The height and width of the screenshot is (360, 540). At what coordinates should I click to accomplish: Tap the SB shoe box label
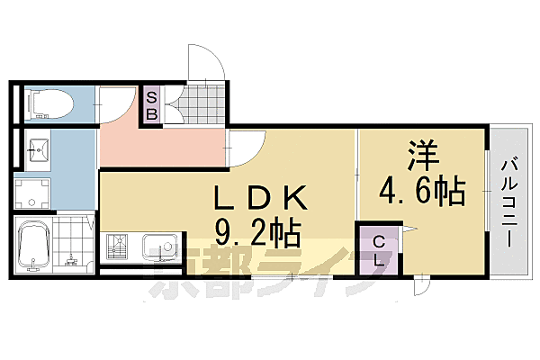151,106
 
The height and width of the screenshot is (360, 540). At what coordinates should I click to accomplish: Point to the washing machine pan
34,193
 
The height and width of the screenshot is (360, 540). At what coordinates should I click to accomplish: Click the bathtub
34,244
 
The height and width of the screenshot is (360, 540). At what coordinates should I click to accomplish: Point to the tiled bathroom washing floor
71,244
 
